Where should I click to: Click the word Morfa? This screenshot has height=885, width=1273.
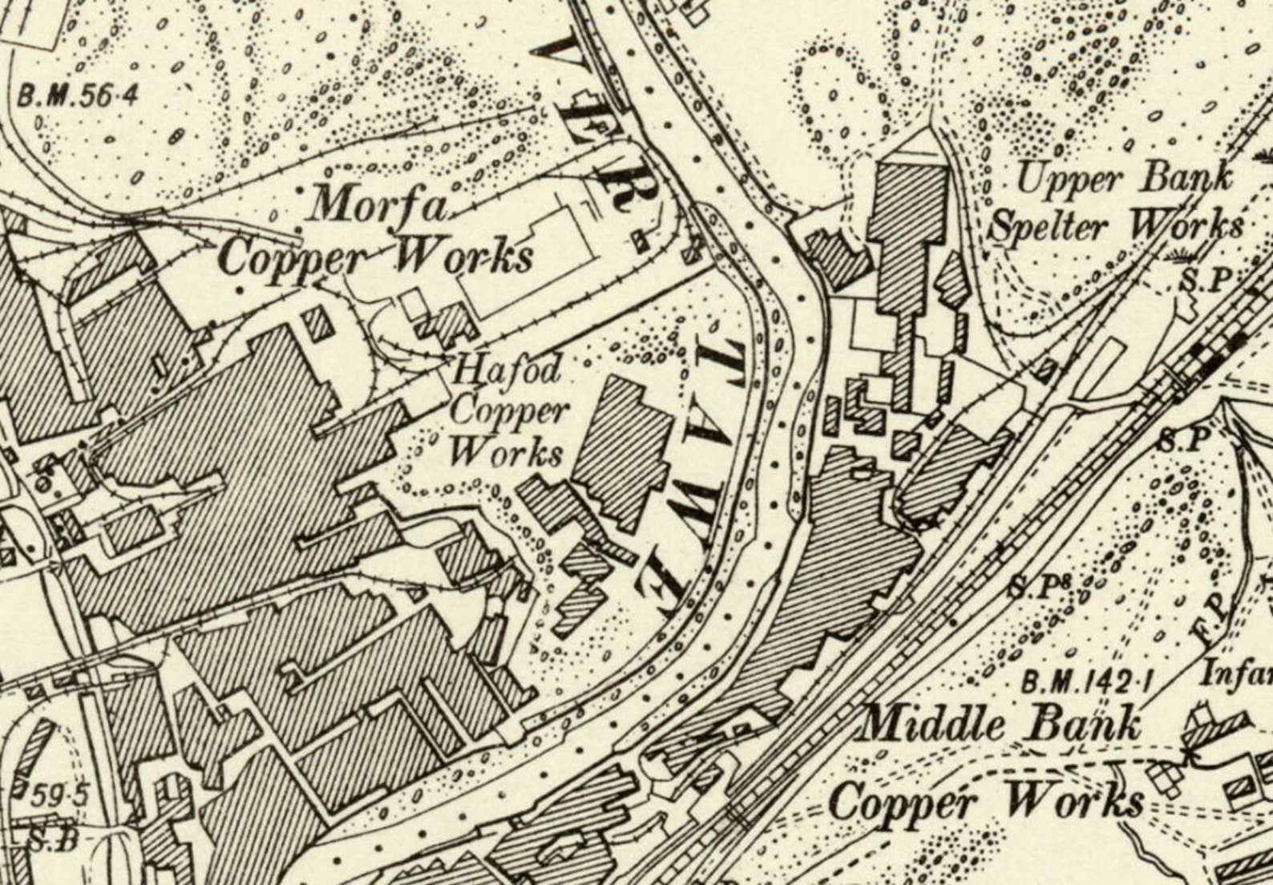[x=380, y=206]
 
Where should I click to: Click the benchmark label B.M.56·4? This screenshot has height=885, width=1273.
[x=79, y=96]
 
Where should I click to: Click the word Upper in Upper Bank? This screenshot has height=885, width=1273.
[x=1070, y=180]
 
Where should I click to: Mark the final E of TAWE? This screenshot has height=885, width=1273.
[x=667, y=589]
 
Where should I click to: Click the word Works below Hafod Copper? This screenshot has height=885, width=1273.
[x=506, y=451]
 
